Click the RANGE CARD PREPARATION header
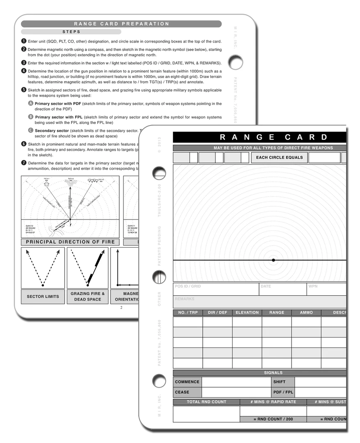[x=121, y=24]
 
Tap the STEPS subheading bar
[x=71, y=32]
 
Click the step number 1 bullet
[x=24, y=41]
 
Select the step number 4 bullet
[x=24, y=71]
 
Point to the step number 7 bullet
[x=24, y=163]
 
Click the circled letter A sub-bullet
[x=31, y=103]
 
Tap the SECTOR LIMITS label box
[x=43, y=297]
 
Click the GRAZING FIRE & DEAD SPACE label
[x=88, y=297]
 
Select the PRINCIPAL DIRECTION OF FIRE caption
[x=70, y=242]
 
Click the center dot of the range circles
[x=273, y=260]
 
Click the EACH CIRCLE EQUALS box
[x=279, y=158]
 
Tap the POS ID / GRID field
[x=216, y=289]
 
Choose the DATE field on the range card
[x=283, y=289]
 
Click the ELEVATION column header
[x=247, y=313]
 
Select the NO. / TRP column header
[x=188, y=313]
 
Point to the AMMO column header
[x=306, y=313]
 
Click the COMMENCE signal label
[x=187, y=382]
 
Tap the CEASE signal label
[x=187, y=392]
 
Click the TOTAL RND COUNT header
[x=206, y=402]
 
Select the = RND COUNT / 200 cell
[x=273, y=419]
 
